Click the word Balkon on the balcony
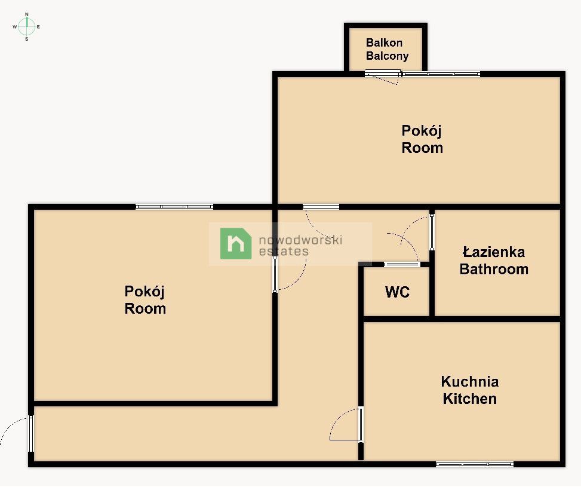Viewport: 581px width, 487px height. (x=384, y=42)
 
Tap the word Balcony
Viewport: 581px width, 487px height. (x=387, y=56)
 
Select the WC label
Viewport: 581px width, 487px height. (x=397, y=292)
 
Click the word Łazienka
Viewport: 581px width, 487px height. (x=494, y=252)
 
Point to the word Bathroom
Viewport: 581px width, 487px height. (x=494, y=269)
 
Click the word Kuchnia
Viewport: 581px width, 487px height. (x=470, y=382)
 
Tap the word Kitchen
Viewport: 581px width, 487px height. (x=470, y=399)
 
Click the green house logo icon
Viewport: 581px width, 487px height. (x=236, y=243)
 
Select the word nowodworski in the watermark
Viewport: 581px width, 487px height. (x=300, y=240)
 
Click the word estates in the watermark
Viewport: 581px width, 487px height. (x=284, y=252)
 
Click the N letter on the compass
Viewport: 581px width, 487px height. (x=27, y=14)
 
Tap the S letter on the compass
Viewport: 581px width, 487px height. (x=27, y=39)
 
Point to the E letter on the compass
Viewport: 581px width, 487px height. (x=39, y=27)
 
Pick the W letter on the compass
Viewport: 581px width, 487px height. (x=15, y=27)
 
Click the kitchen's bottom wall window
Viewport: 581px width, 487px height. (x=475, y=464)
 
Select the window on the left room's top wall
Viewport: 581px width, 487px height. (x=174, y=207)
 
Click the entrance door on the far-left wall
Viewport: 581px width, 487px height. (x=31, y=434)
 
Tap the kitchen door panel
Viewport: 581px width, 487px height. (x=361, y=424)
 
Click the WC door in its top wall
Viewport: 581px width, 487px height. (x=402, y=265)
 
